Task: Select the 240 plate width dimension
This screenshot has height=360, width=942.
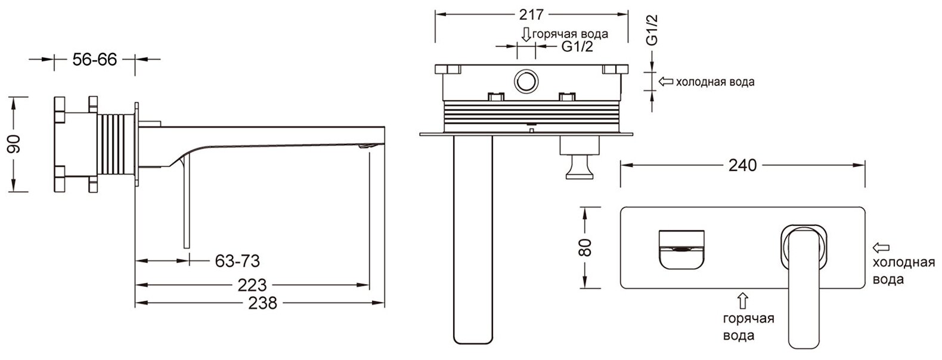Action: [x=742, y=165]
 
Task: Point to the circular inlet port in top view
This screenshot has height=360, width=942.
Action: [x=526, y=82]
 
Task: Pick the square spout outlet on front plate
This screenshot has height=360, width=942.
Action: [x=682, y=249]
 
